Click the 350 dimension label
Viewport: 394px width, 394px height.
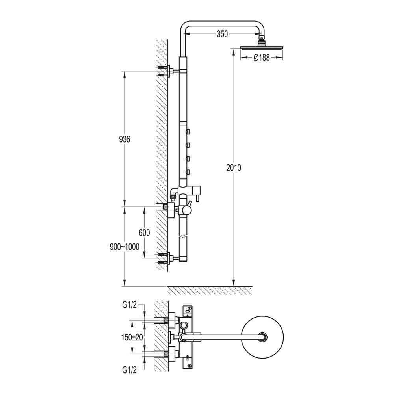[222, 34]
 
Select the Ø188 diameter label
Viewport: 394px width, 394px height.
[262, 58]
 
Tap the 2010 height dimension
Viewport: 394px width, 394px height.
[234, 168]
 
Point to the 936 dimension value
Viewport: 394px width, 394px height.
[124, 139]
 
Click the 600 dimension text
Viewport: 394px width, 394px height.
[144, 233]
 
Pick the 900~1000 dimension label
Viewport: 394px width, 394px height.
[125, 247]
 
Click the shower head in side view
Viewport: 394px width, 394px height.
[262, 48]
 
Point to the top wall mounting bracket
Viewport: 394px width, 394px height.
[170, 71]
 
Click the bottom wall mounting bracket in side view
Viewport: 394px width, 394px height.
[170, 258]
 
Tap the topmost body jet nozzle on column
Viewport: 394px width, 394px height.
[188, 131]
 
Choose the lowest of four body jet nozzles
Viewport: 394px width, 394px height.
[188, 171]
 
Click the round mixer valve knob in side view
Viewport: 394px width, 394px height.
[184, 210]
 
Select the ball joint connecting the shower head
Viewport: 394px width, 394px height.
[261, 41]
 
